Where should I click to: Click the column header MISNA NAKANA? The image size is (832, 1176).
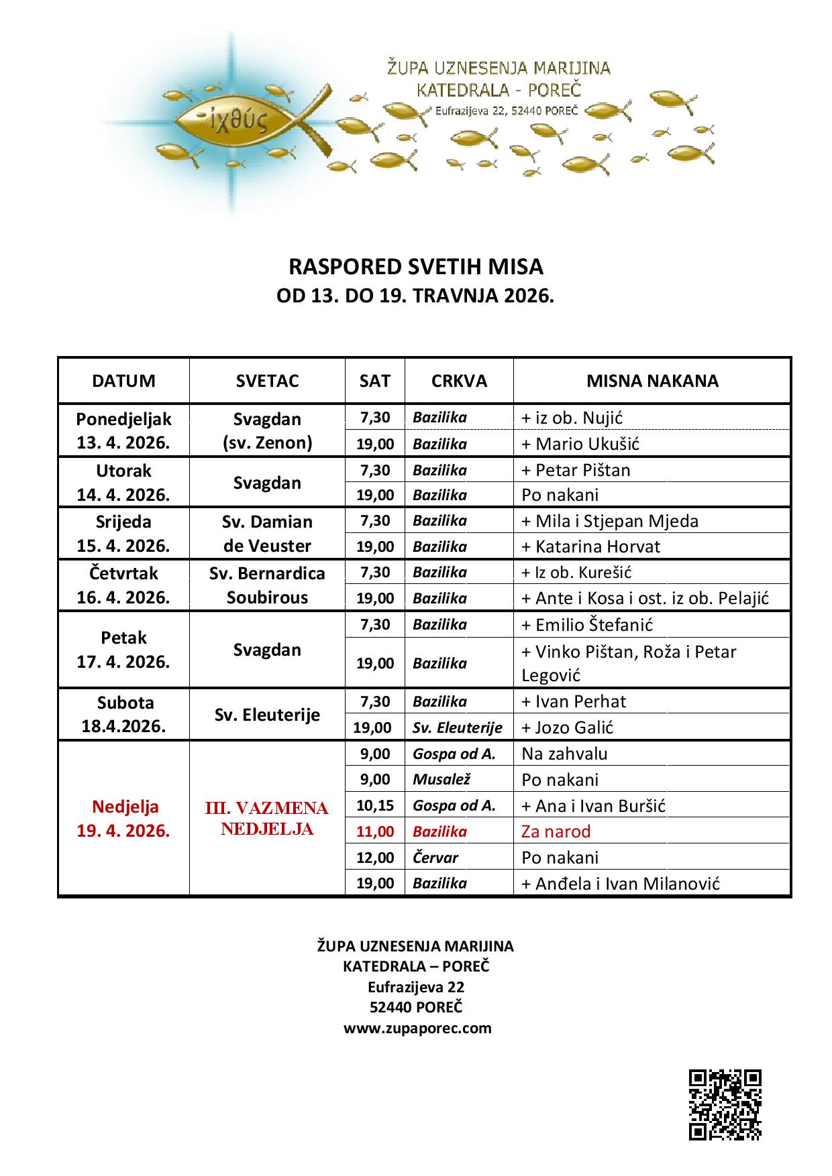pos(652,381)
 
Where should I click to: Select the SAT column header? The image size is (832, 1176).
pos(374,381)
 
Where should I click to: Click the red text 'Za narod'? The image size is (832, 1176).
pos(556,831)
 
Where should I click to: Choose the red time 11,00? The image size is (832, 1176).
pos(375,831)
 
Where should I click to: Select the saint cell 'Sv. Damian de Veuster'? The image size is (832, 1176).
pos(267,534)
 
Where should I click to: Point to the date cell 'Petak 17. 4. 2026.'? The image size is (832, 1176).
pos(123,650)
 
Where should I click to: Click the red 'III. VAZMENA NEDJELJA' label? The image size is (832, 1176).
pos(267,819)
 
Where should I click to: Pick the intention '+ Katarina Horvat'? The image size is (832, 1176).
pos(590,546)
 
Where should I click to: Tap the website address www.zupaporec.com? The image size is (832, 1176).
pos(417,1028)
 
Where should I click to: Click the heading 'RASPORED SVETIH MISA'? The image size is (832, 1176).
pos(415,267)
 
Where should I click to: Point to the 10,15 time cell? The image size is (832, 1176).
pos(375,805)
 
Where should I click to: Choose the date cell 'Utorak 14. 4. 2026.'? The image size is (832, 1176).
pos(123,483)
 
